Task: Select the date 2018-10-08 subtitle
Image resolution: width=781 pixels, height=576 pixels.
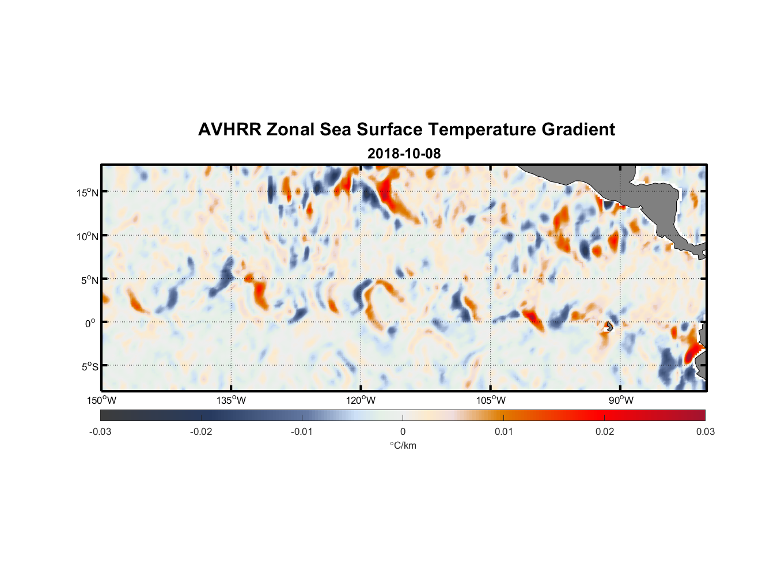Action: tap(404, 154)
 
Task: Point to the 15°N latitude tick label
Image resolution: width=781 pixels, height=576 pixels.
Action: tap(88, 192)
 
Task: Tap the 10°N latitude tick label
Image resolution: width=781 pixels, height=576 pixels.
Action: tap(88, 236)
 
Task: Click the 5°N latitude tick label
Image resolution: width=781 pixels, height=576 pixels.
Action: tap(89, 280)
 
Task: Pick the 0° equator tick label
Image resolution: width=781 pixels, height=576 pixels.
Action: tap(91, 323)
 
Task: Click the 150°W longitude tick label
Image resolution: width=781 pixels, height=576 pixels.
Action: tap(101, 400)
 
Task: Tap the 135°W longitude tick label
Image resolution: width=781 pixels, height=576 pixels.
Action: tap(231, 400)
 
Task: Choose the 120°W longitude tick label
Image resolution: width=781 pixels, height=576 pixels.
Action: tap(361, 400)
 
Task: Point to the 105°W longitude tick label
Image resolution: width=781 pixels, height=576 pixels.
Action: tap(491, 400)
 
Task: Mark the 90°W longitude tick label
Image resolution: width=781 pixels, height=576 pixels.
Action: tap(620, 400)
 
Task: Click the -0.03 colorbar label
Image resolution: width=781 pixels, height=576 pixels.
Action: tap(100, 431)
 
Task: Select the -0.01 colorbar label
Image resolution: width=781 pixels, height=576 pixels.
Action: tap(302, 431)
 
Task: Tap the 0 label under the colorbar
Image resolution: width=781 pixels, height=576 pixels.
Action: tap(403, 431)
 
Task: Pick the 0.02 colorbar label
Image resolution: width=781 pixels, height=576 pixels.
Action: tap(605, 431)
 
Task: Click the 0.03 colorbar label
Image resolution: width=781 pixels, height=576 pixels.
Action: tap(705, 431)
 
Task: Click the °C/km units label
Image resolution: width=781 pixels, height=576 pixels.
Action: tap(403, 445)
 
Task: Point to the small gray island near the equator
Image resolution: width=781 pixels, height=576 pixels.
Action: tap(609, 326)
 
